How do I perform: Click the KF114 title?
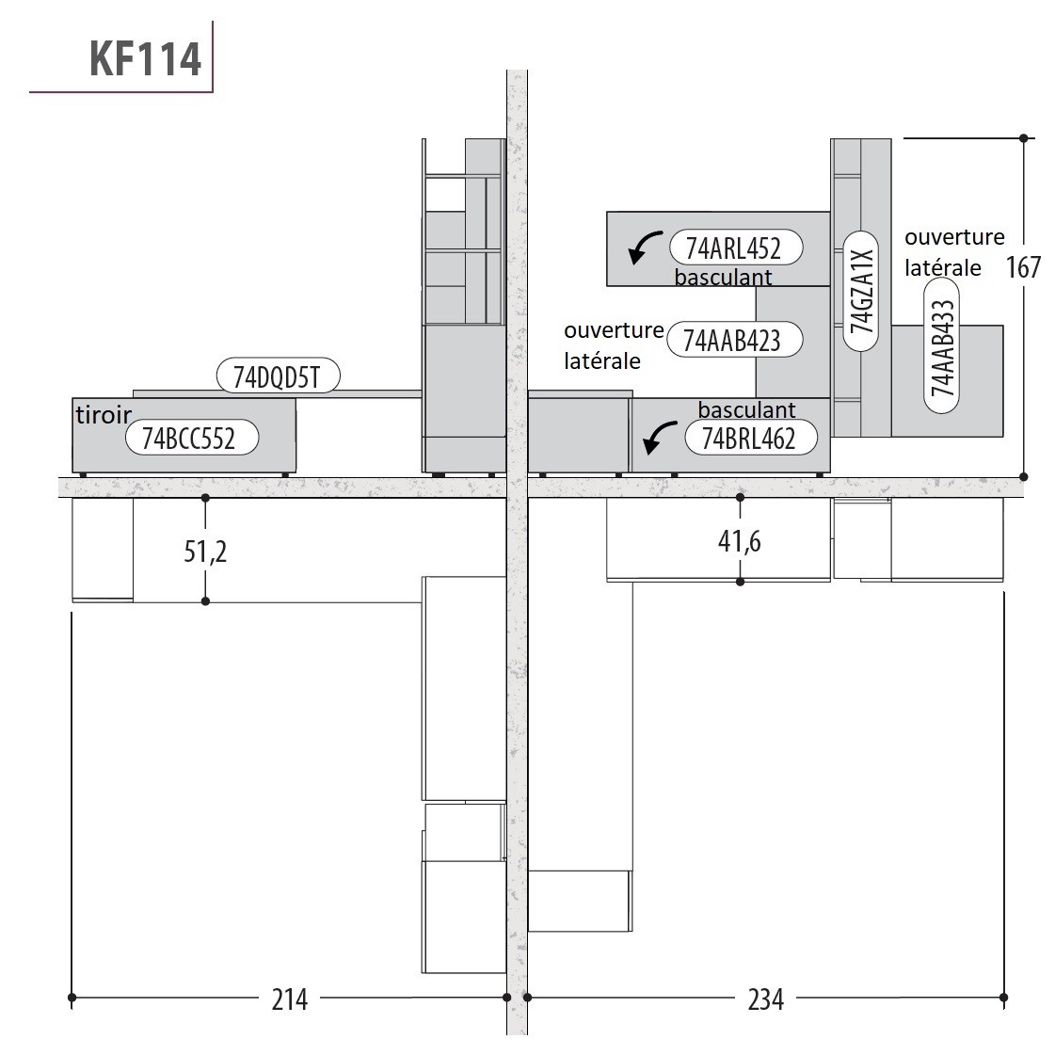(x=145, y=58)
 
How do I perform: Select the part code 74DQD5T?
(x=277, y=376)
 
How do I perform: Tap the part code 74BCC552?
(x=189, y=439)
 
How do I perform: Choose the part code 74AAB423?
(x=732, y=341)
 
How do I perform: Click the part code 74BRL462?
(x=749, y=439)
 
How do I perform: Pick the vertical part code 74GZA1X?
(x=862, y=291)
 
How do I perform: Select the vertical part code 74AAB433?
(x=942, y=347)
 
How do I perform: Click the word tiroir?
(x=103, y=415)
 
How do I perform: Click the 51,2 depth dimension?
(x=205, y=551)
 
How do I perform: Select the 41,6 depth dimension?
(x=740, y=541)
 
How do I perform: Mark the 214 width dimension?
(x=289, y=999)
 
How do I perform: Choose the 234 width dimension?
(x=766, y=999)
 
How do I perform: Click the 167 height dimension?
(x=1023, y=267)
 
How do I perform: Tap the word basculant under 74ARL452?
(x=724, y=278)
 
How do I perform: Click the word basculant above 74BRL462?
(x=747, y=409)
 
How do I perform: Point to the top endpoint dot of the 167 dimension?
(x=1023, y=138)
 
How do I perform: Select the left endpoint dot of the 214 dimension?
(x=72, y=998)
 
